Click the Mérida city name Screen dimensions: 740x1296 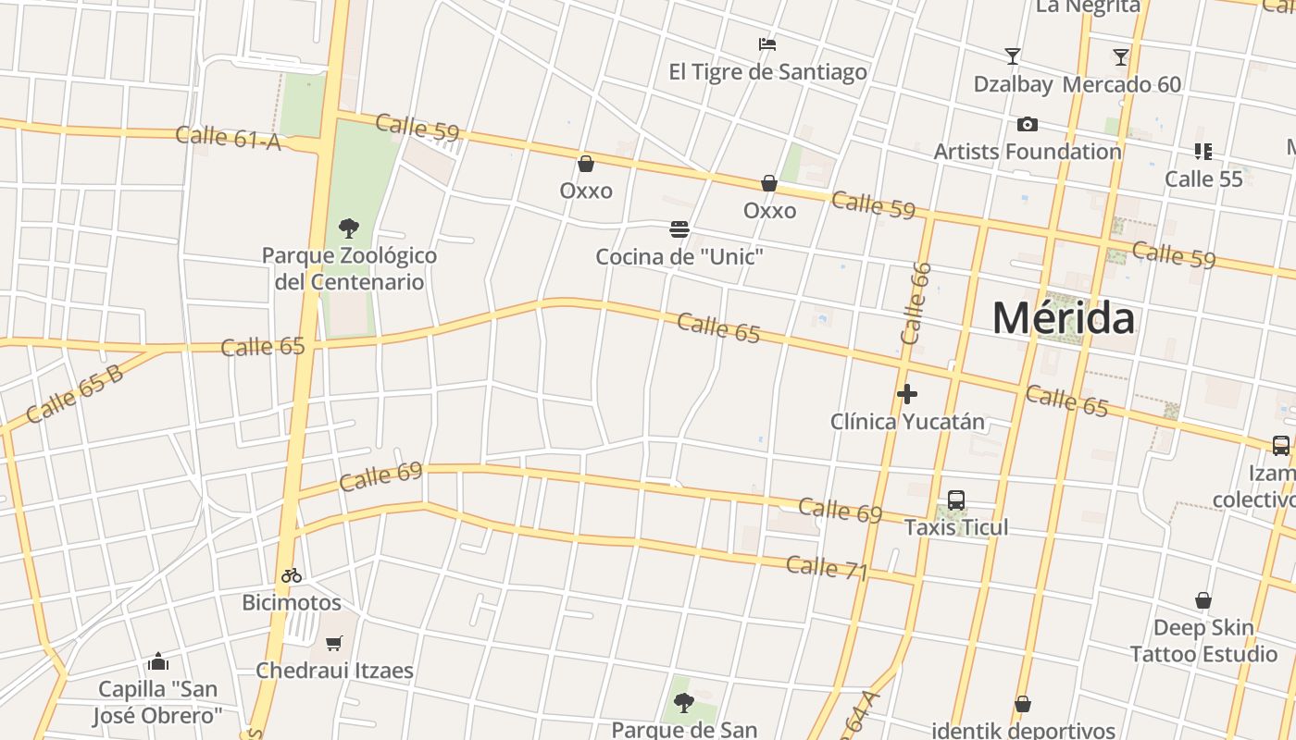(x=1063, y=318)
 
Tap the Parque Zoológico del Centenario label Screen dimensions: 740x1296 (x=349, y=268)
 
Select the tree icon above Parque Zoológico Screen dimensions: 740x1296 (x=349, y=228)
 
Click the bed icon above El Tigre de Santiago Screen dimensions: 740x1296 (x=766, y=43)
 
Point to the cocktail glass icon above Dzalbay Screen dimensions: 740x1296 (x=1013, y=56)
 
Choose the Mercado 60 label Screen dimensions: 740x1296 (x=1121, y=84)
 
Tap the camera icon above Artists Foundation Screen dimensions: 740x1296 (x=1027, y=124)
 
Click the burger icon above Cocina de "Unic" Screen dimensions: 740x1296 (x=679, y=229)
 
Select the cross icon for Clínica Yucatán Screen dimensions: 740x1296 (x=907, y=394)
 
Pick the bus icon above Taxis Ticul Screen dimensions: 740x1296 (x=956, y=500)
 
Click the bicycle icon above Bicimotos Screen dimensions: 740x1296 (x=292, y=575)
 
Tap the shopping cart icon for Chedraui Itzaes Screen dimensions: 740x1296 (x=334, y=643)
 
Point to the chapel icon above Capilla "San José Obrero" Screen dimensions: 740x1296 (x=158, y=661)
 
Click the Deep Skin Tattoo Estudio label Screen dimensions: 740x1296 (x=1203, y=641)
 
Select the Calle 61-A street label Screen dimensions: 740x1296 (x=228, y=138)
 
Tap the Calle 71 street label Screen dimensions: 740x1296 (x=827, y=568)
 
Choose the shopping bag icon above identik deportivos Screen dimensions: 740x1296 (x=1023, y=704)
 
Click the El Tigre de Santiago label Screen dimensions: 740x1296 (x=767, y=72)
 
